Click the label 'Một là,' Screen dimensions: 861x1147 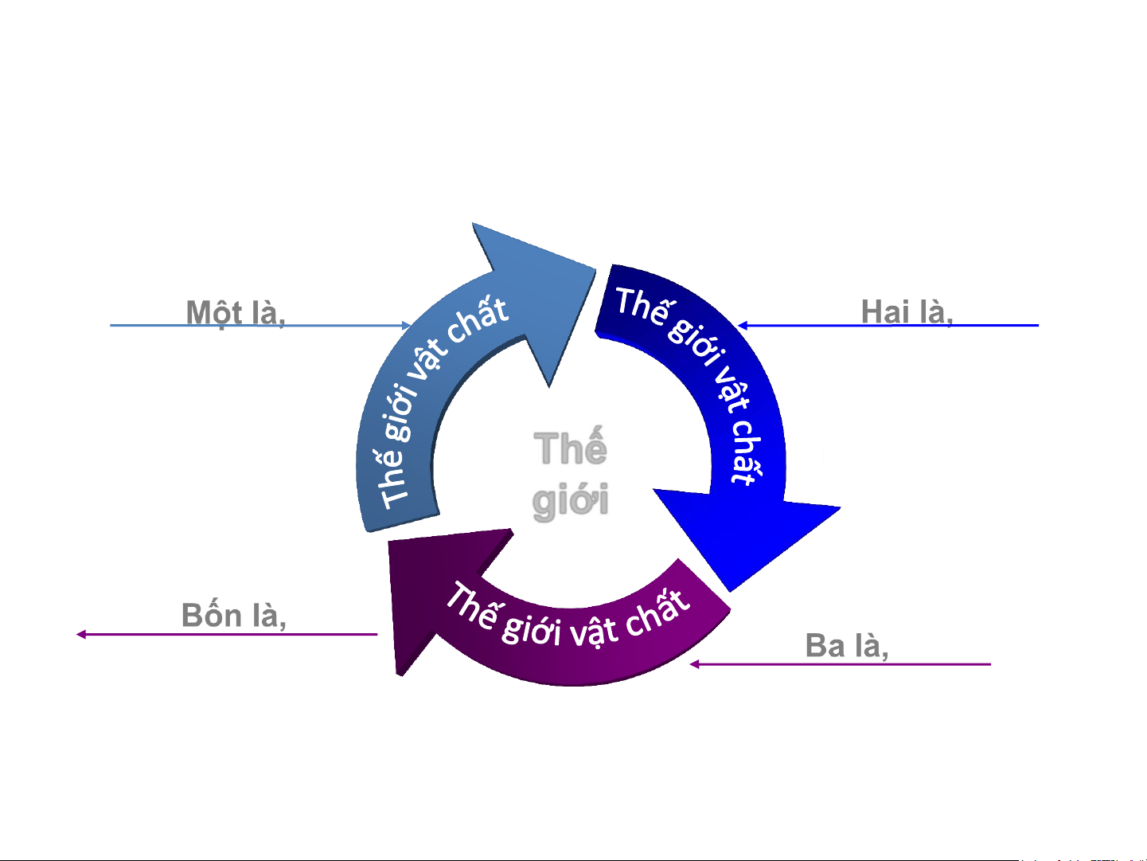[236, 312]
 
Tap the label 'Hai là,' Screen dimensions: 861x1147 [907, 311]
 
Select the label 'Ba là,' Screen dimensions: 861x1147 [847, 646]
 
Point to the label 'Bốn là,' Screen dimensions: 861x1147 [234, 616]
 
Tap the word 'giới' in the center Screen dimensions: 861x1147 [570, 501]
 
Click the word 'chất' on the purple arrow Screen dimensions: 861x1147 [657, 613]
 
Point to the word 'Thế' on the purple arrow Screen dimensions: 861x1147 [473, 605]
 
